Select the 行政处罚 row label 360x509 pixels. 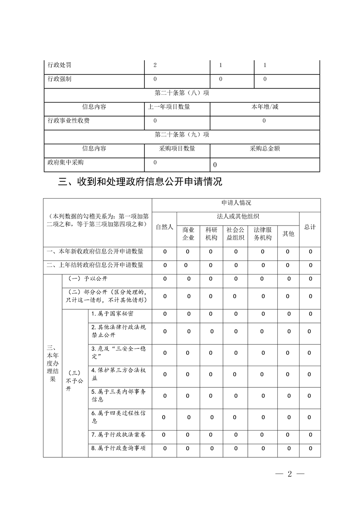tap(59, 65)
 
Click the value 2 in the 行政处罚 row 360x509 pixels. tap(155, 65)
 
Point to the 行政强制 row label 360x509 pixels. tap(59, 79)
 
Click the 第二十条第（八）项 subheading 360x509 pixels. tap(182, 93)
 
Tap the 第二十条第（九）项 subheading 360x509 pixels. tap(182, 134)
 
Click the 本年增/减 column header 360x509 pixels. tap(265, 107)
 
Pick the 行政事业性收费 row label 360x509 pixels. tap(69, 121)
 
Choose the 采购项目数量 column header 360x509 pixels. tap(177, 148)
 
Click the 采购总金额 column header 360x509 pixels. tap(265, 148)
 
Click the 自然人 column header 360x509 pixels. tap(164, 227)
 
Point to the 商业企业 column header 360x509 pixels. tap(188, 234)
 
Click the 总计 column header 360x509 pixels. tap(310, 227)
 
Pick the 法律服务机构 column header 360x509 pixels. tap(262, 234)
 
